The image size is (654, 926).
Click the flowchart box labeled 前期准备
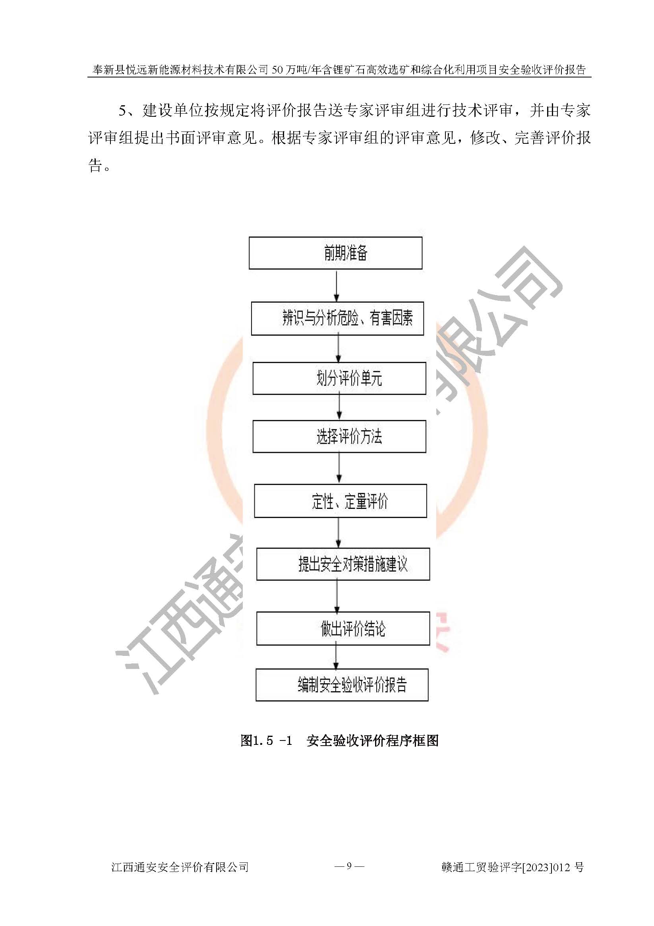point(335,253)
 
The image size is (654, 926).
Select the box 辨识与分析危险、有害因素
point(337,319)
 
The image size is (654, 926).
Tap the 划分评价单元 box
point(339,378)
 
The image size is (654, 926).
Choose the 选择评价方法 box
point(339,436)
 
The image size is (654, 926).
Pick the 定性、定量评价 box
point(341,501)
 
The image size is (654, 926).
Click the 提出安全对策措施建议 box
point(343,564)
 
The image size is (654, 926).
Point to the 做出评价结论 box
point(343,628)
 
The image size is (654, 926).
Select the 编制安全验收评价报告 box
point(342,685)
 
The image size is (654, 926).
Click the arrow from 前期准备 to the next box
point(337,286)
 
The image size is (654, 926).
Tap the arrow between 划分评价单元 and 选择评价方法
point(339,407)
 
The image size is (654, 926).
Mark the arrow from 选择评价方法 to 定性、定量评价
point(339,468)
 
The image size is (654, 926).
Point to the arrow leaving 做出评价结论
point(336,657)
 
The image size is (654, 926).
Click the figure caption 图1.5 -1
point(266,741)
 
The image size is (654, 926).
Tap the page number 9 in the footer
point(349,865)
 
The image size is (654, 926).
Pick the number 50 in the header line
point(278,70)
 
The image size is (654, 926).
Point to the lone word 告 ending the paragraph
point(95,165)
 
